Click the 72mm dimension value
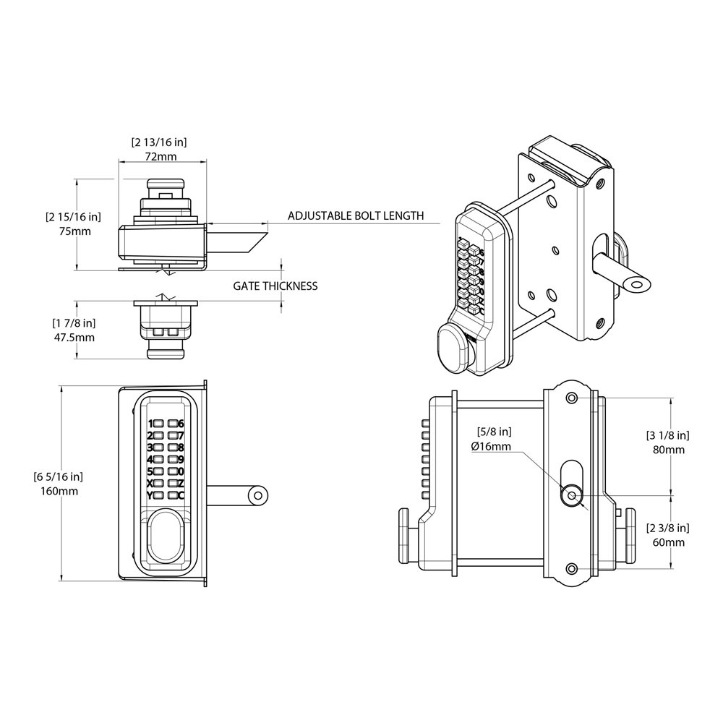pyautogui.click(x=162, y=156)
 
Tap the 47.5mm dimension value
pyautogui.click(x=75, y=337)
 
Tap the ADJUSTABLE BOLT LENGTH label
pyautogui.click(x=355, y=216)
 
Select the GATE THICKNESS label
pyautogui.click(x=275, y=286)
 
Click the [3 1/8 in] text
pyautogui.click(x=667, y=435)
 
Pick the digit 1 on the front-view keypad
pyautogui.click(x=150, y=424)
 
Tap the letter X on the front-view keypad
pyautogui.click(x=150, y=483)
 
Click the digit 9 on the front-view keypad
pyautogui.click(x=181, y=459)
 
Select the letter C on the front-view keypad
pyautogui.click(x=181, y=495)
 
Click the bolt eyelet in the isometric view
pyautogui.click(x=636, y=286)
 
